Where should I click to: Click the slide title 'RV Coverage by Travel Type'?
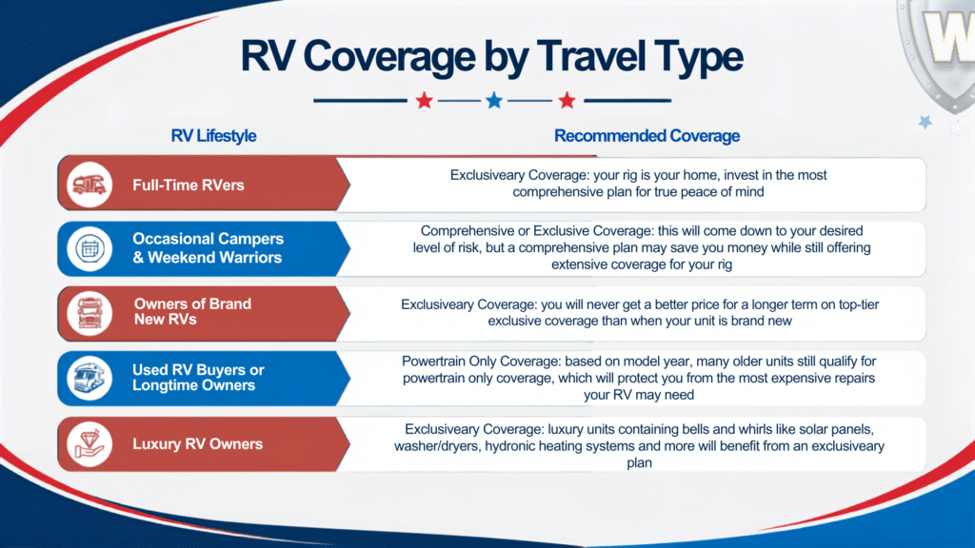tap(491, 56)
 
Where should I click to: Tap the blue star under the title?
tap(494, 100)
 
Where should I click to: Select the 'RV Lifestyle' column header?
tap(213, 135)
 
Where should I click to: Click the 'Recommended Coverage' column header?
tap(647, 135)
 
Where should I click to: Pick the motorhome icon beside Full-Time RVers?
tap(90, 185)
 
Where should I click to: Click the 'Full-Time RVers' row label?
tap(189, 186)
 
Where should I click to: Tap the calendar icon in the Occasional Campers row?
tap(90, 248)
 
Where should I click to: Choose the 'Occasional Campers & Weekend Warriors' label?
tap(208, 248)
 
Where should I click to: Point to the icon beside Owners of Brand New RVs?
tap(90, 313)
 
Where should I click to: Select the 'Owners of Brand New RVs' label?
tap(192, 311)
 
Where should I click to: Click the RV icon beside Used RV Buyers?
tap(90, 378)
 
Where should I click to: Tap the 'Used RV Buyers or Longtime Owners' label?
tap(198, 377)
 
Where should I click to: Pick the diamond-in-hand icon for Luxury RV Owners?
tap(90, 443)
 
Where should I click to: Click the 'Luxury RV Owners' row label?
tap(198, 443)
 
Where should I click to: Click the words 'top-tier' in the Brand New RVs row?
tap(859, 304)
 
